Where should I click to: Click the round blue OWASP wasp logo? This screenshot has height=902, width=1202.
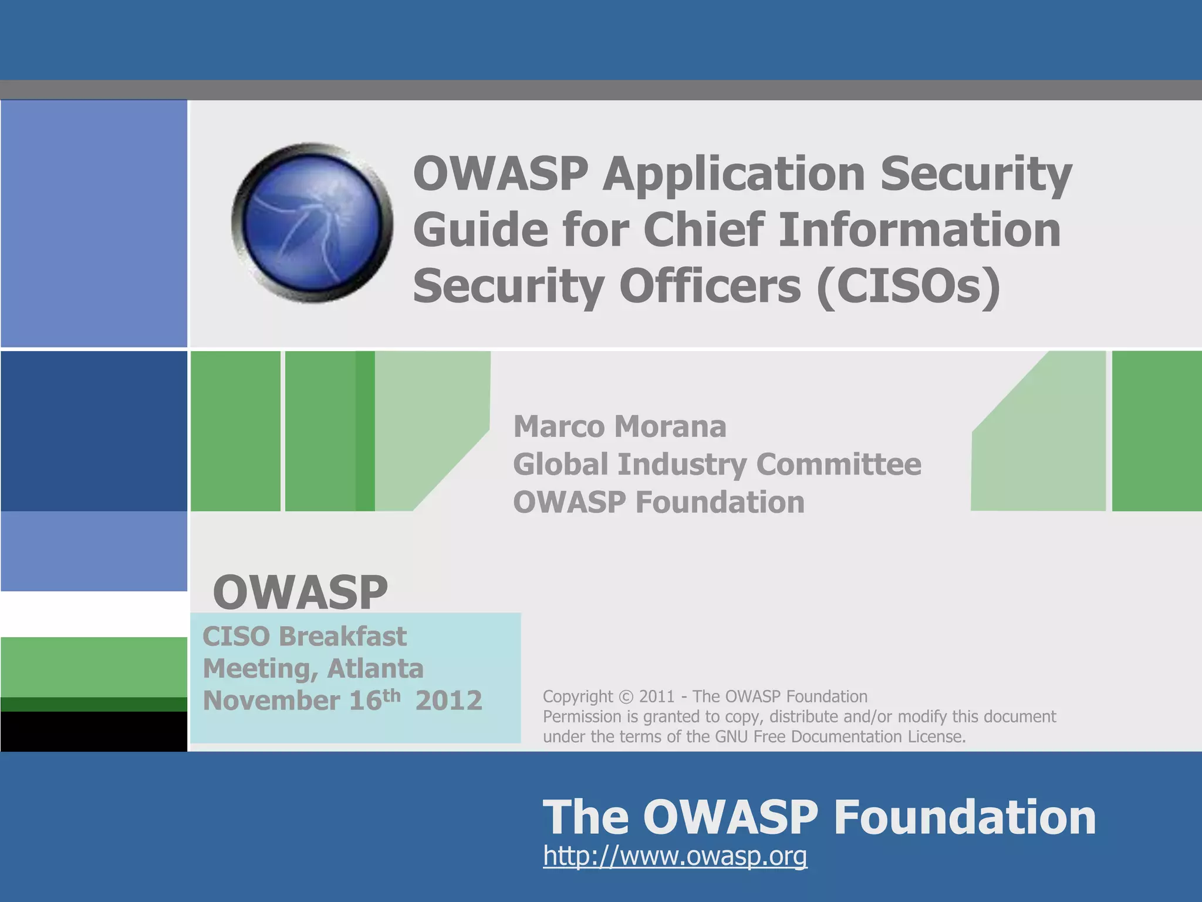[312, 223]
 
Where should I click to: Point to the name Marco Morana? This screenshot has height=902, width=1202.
[620, 426]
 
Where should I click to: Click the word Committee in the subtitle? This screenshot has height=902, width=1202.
[839, 465]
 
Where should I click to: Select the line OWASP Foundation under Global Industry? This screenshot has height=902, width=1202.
[659, 503]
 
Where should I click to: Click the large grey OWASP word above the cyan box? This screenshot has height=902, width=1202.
[300, 592]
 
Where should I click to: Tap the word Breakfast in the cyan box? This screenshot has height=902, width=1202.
[342, 637]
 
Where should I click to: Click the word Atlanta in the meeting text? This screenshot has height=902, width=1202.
[376, 669]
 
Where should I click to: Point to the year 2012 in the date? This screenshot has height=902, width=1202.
[449, 701]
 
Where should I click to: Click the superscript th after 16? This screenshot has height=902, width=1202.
[391, 695]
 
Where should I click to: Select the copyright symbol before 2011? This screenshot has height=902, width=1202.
[626, 697]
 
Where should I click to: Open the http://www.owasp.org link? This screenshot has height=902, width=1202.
[675, 856]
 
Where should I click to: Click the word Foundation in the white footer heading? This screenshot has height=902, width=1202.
[965, 817]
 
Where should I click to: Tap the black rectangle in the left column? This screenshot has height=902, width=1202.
[94, 731]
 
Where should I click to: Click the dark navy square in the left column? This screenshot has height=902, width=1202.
[94, 430]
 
